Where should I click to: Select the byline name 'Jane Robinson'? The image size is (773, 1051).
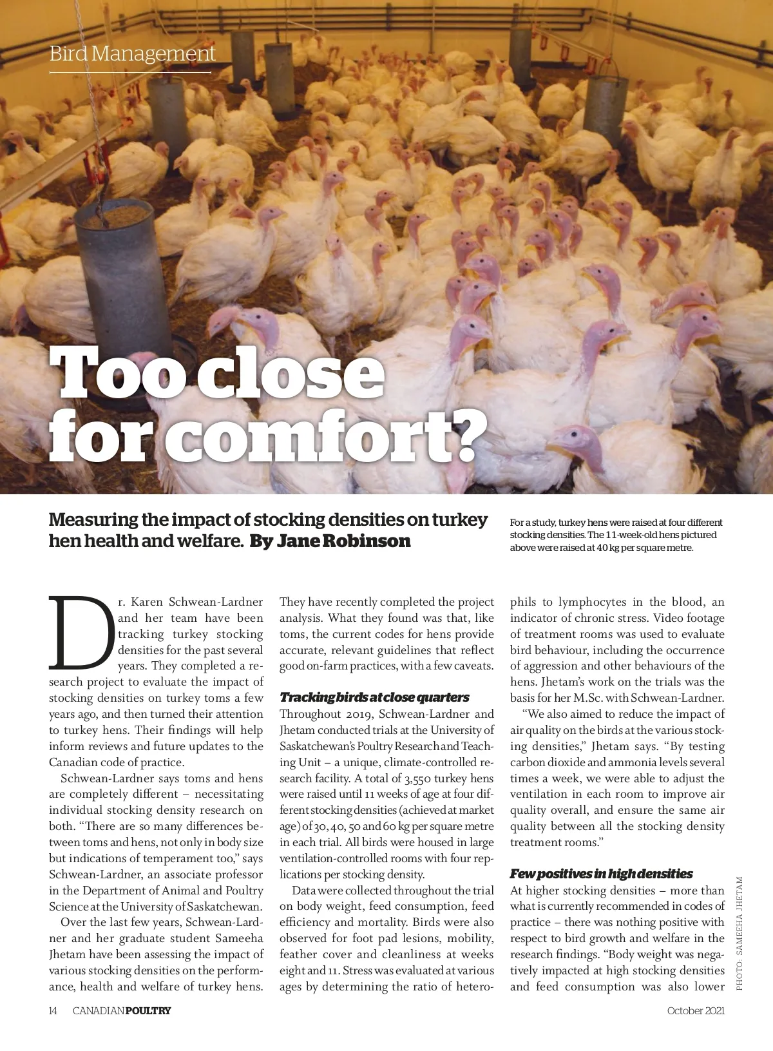point(343,541)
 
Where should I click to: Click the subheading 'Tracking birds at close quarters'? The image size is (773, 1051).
point(374,697)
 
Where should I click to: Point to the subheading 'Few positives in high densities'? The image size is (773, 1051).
point(601,874)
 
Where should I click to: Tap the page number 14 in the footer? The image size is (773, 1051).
point(53,1010)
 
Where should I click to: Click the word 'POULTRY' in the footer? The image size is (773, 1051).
point(148,1010)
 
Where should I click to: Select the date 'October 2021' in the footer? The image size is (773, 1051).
point(696,1010)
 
